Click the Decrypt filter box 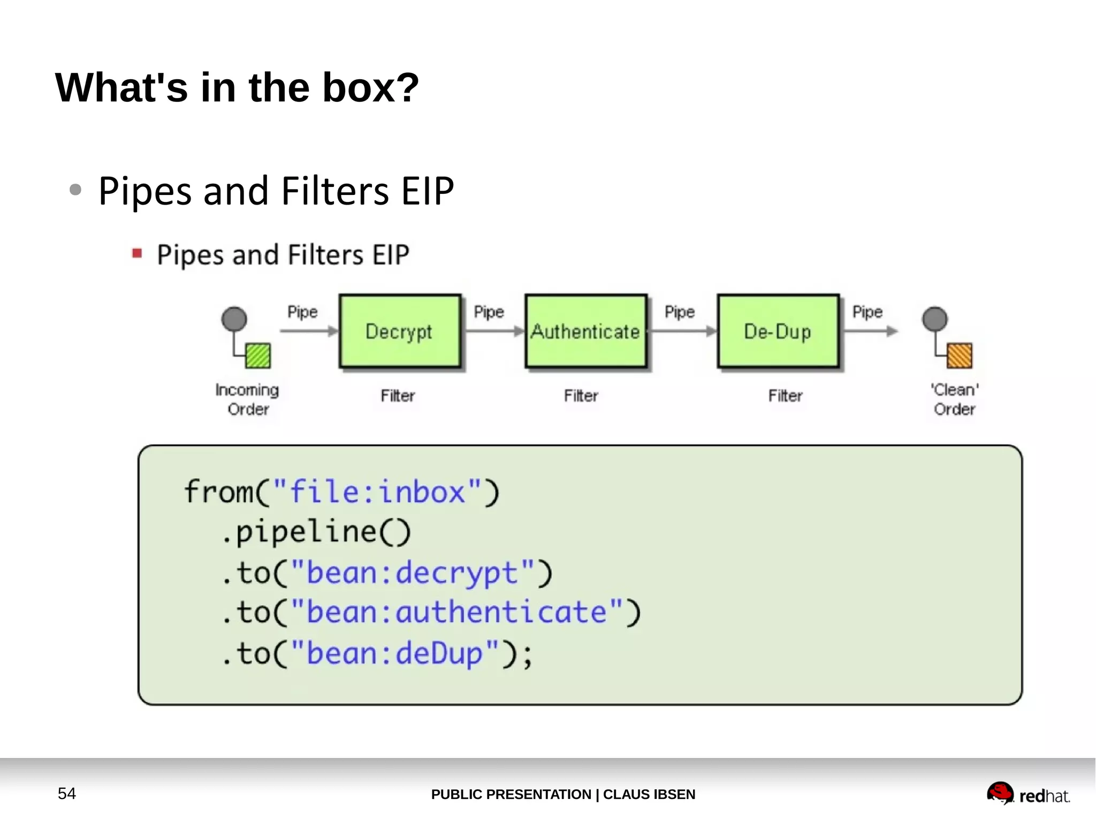[x=400, y=331]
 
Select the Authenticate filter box [x=585, y=331]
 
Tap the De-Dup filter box [x=778, y=331]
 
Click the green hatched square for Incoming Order [x=258, y=356]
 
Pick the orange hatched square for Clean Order [x=959, y=355]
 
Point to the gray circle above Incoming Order [x=234, y=319]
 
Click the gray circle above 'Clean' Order [x=934, y=319]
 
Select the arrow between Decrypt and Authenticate [x=493, y=331]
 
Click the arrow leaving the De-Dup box [x=870, y=331]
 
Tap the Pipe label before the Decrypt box [x=302, y=312]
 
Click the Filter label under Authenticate [x=581, y=396]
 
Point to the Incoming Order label [x=247, y=399]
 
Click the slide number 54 [x=67, y=793]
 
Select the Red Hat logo [x=1027, y=794]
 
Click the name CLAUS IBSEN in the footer [x=649, y=794]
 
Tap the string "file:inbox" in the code [x=377, y=492]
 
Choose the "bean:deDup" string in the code [x=395, y=653]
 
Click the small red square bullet [x=137, y=253]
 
